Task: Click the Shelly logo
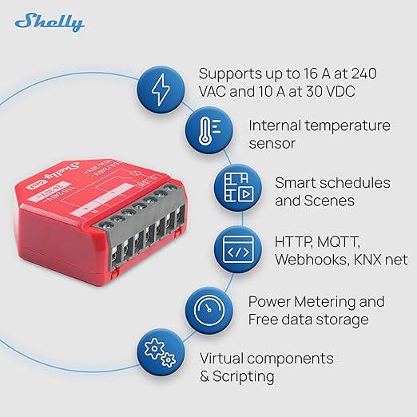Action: (x=50, y=22)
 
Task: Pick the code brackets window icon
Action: (x=237, y=249)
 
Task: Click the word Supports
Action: (x=230, y=73)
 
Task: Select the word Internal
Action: (x=276, y=126)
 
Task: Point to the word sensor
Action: (x=272, y=145)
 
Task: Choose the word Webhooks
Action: (x=309, y=260)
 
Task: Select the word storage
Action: (x=340, y=320)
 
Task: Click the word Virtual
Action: (x=222, y=358)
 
